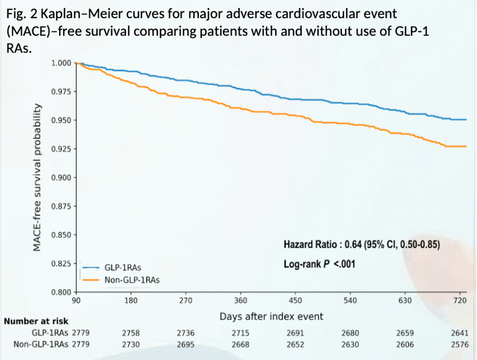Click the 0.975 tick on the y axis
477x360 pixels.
(64, 91)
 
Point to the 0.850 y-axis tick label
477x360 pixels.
(64, 234)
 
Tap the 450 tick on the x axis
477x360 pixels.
(295, 300)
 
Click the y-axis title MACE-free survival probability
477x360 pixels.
(37, 177)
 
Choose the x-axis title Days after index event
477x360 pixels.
(271, 316)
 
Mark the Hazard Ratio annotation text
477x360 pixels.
(361, 245)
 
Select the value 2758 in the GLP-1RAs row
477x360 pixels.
(131, 332)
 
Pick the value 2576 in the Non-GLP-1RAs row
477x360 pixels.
(460, 344)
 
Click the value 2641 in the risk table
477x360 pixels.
(460, 332)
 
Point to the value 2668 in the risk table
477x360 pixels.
(241, 344)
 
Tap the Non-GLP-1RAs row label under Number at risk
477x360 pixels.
(41, 344)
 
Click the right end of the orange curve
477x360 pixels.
(466, 147)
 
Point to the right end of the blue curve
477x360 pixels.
(466, 120)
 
